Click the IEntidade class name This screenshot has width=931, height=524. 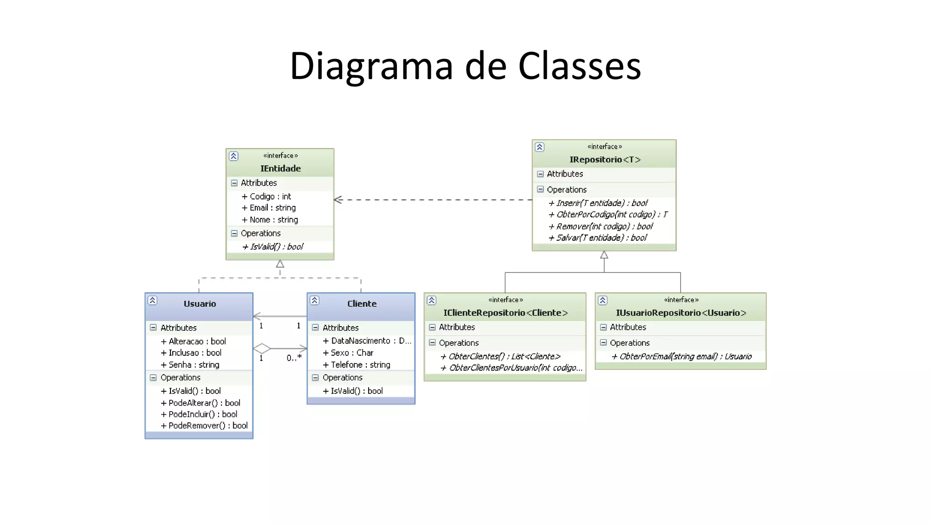[280, 168]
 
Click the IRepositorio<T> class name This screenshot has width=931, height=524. [605, 160]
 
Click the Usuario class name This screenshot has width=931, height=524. [200, 304]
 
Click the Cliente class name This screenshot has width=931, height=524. [362, 304]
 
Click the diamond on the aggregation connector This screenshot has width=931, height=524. [262, 349]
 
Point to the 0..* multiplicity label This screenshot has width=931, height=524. [294, 358]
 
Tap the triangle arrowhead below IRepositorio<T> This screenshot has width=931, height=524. [604, 255]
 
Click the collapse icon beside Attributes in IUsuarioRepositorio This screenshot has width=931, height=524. [603, 327]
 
